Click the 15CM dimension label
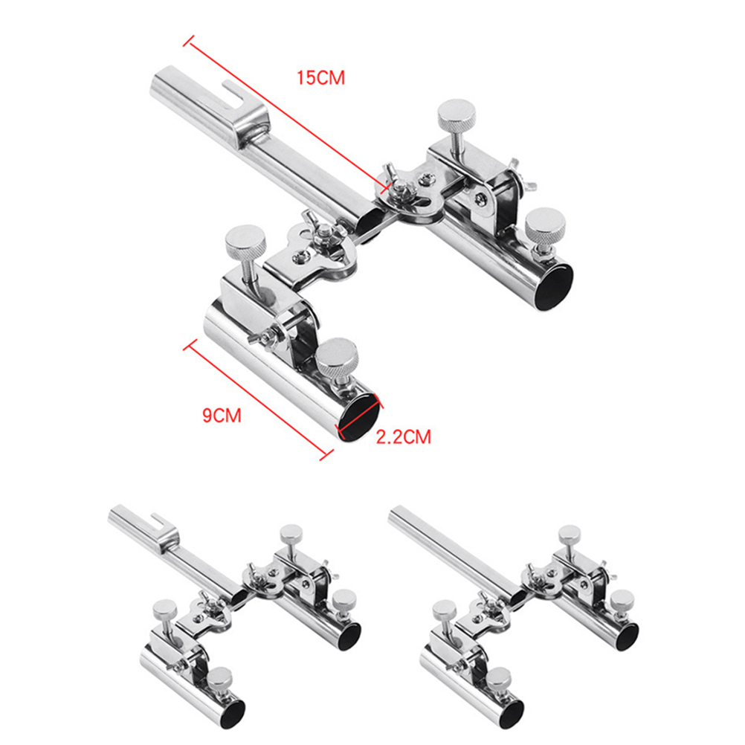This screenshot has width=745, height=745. click(x=320, y=77)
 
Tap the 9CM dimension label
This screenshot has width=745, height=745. click(x=222, y=416)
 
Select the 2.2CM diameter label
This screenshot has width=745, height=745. click(x=404, y=436)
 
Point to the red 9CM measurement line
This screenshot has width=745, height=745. click(x=259, y=399)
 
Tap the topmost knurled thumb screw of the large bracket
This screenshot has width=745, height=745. click(x=457, y=113)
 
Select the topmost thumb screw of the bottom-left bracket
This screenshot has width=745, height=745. click(x=291, y=534)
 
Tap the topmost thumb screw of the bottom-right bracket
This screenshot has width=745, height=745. click(x=570, y=535)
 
